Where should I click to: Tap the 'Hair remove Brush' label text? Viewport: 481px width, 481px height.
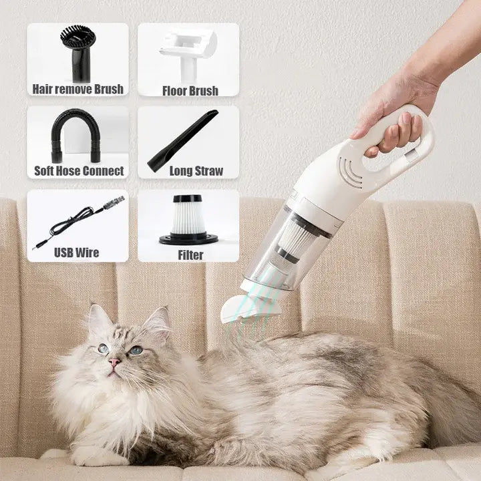(x=77, y=89)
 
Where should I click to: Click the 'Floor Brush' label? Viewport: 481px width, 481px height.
(x=190, y=90)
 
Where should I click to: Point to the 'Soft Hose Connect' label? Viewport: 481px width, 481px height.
(x=79, y=171)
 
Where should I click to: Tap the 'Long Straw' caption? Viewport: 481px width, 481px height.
(x=196, y=171)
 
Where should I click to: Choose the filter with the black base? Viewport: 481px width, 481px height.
(x=188, y=219)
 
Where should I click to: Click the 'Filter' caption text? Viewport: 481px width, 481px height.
(x=190, y=255)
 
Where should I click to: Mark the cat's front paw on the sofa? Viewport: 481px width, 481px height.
(x=94, y=456)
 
